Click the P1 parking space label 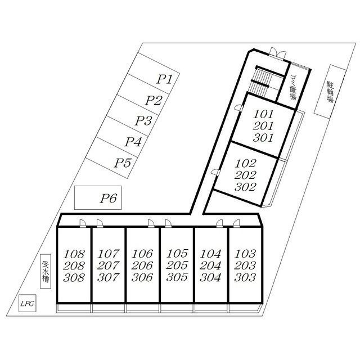click(164, 79)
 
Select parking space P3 click(133, 115)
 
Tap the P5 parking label click(123, 163)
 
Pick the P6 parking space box click(98, 197)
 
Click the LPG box click(28, 303)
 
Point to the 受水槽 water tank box click(46, 271)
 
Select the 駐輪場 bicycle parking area click(330, 92)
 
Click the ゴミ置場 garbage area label click(293, 87)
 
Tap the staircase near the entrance click(260, 83)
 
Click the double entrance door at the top click(278, 53)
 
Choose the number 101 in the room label click(264, 114)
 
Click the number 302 click(245, 187)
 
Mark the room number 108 click(74, 254)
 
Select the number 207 click(108, 265)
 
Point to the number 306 click(142, 277)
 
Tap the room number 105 click(177, 254)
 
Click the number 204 click(210, 265)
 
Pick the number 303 click(245, 277)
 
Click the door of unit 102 click(216, 172)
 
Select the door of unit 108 click(83, 223)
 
